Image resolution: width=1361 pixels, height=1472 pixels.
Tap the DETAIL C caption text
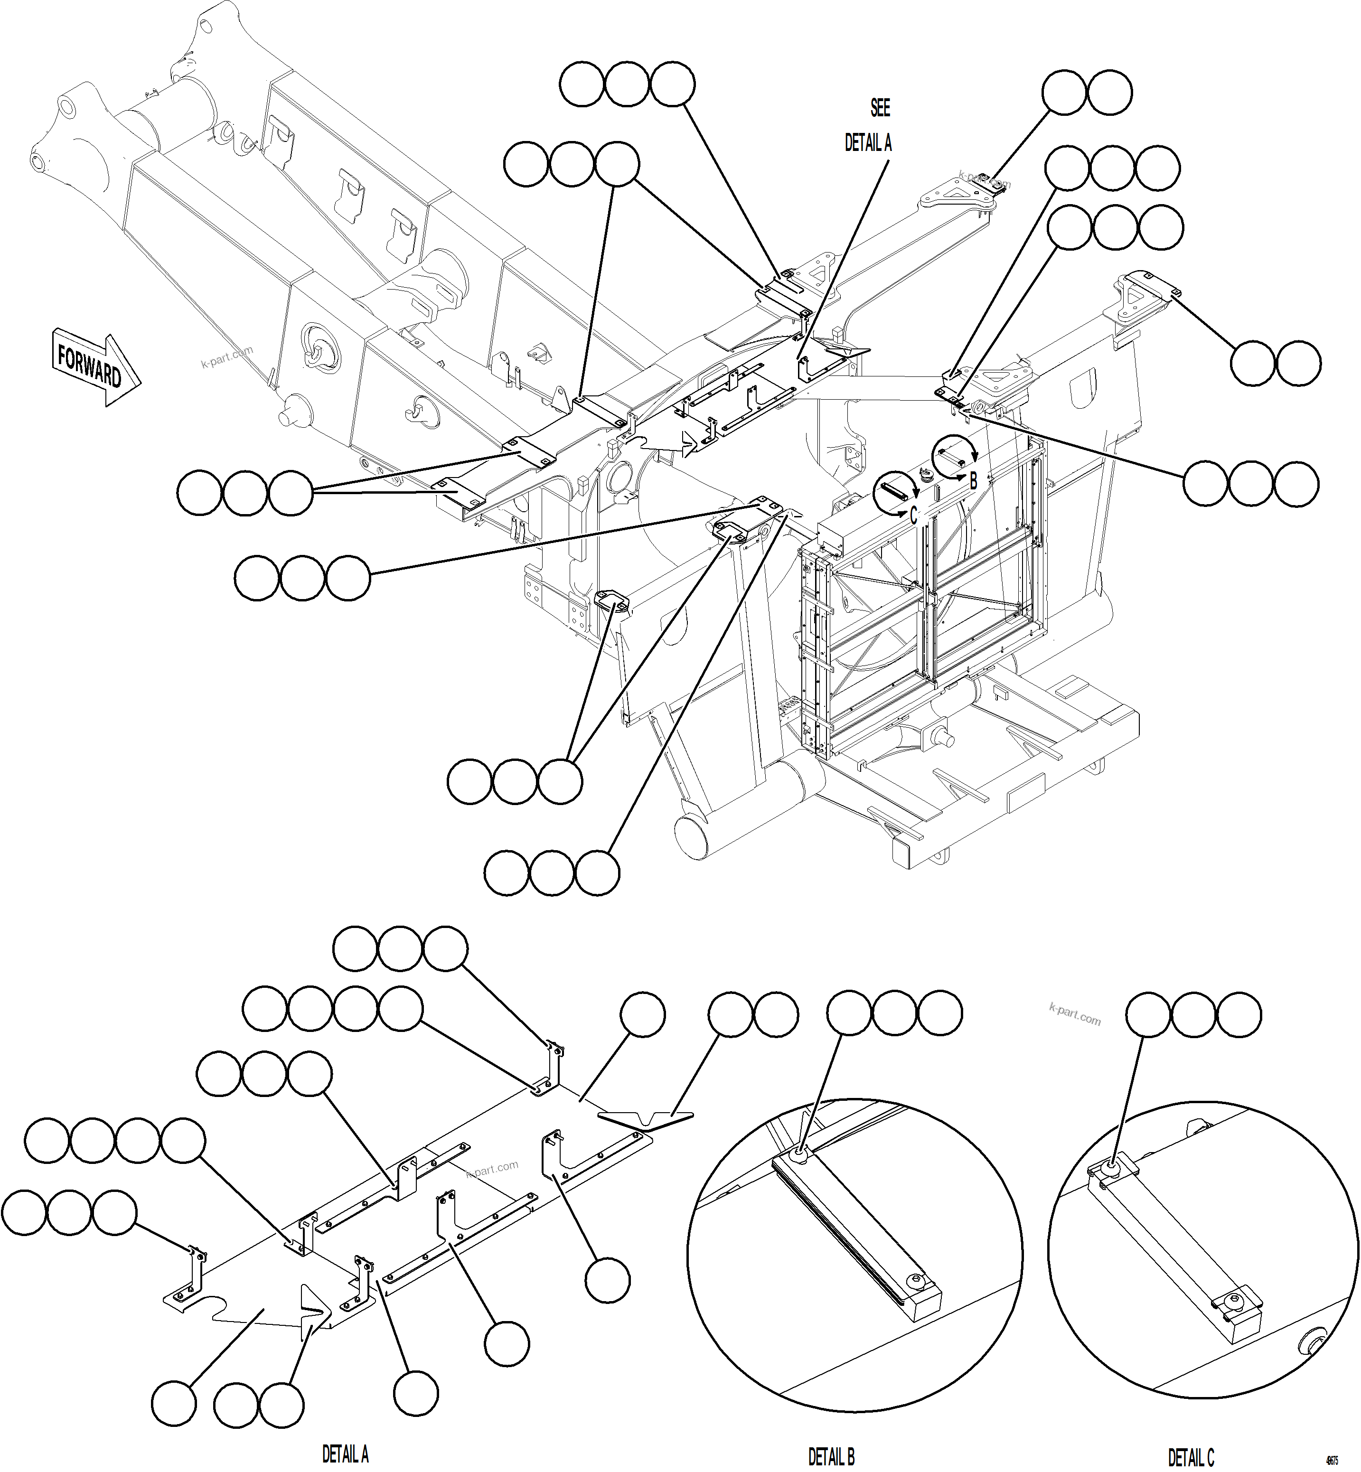point(1191,1437)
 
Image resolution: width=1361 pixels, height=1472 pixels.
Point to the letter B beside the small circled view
point(974,482)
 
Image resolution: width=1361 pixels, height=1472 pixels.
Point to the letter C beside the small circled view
point(914,516)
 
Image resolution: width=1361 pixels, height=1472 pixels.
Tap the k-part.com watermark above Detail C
point(1075,1015)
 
